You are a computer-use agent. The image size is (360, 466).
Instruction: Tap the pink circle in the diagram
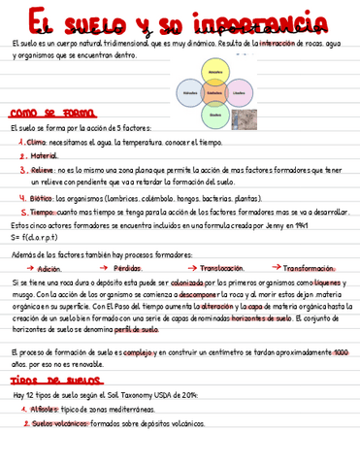point(240,93)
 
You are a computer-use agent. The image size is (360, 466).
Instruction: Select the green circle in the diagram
point(215,115)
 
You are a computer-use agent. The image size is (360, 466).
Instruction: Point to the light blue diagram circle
point(191,93)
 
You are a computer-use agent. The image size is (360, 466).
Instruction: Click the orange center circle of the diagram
point(215,93)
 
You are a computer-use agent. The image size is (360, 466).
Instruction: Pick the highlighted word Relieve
point(43,169)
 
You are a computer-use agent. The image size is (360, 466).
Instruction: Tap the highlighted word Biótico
point(42,197)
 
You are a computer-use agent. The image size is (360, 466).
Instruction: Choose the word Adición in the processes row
point(49,269)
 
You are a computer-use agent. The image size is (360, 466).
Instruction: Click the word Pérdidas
point(127,269)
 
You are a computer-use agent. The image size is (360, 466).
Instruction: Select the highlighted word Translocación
point(221,268)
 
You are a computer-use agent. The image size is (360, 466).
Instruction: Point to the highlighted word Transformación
point(309,268)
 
